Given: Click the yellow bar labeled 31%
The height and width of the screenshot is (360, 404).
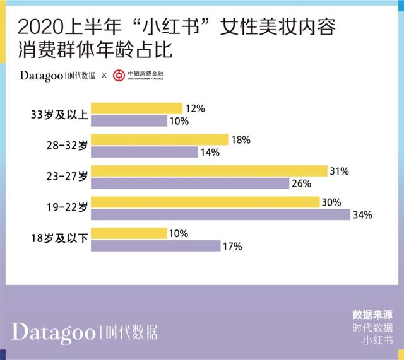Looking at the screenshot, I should pos(209,171).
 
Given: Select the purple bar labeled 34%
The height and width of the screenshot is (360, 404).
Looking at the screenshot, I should pos(221,214).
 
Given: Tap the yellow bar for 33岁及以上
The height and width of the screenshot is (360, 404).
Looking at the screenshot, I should pos(137,108).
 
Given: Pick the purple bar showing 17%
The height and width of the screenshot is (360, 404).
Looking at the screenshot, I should pos(155,246).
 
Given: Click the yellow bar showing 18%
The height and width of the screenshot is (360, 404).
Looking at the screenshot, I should pos(160,139).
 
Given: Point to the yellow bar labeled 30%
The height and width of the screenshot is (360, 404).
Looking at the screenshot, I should pos(205,202).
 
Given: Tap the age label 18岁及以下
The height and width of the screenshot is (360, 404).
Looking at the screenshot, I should pos(59,239).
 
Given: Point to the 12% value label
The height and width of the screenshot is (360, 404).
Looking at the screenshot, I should pos(196,108).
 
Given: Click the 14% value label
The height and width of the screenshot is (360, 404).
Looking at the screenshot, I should pos(210,152).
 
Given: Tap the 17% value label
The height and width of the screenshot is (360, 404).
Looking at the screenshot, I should pos(232,247).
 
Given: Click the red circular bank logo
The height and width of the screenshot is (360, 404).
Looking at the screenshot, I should pos(119,76).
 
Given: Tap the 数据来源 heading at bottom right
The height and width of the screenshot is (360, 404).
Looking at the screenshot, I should pos(372,313).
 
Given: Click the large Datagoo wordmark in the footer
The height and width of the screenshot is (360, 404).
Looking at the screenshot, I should pos(54,332).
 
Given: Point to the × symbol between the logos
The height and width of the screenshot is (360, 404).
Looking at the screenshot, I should pos(105,76).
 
